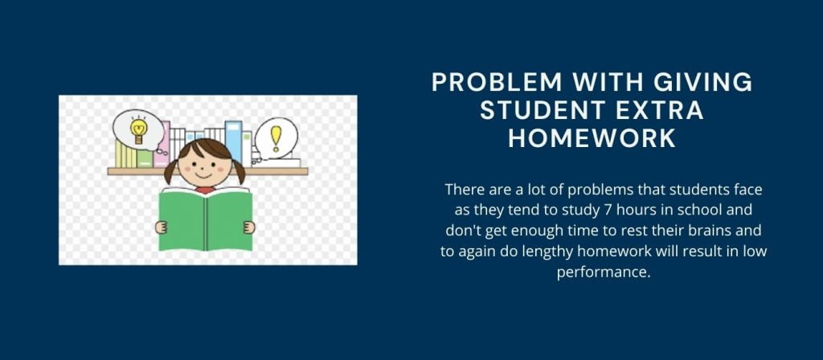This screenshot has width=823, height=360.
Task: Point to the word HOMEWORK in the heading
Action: [592, 138]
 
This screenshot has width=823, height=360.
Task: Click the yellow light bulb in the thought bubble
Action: [137, 129]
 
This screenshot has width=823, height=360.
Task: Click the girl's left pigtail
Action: [170, 170]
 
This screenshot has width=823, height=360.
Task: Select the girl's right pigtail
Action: [240, 170]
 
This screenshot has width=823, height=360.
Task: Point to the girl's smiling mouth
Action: [205, 177]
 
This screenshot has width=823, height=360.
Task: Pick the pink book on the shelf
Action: [163, 145]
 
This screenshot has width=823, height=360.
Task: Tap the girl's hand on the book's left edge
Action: [161, 227]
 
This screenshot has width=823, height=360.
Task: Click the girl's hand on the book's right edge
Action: [249, 227]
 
